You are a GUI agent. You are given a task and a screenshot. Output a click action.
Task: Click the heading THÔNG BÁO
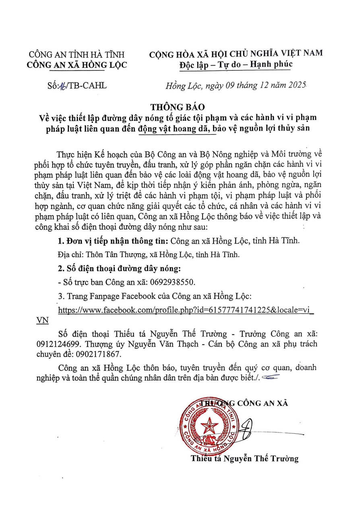pos(178,107)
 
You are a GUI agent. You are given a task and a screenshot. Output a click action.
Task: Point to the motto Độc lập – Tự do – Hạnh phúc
pos(236,64)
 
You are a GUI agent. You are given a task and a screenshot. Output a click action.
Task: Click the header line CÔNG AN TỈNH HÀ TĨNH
pos(77,55)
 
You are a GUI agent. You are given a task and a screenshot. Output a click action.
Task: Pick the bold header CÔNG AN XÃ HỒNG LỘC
pos(77,64)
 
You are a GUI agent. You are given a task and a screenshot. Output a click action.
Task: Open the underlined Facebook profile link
pos(186,310)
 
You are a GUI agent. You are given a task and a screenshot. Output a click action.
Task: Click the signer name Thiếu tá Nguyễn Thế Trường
pos(245,459)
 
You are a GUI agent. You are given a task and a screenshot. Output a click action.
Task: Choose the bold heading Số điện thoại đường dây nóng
pos(119,269)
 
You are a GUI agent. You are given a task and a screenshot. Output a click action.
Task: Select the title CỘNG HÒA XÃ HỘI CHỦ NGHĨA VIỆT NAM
pos(236,54)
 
